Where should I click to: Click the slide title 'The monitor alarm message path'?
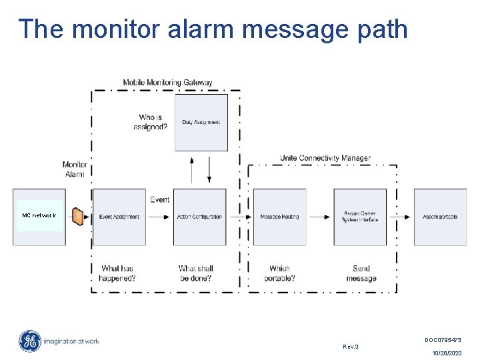[x=213, y=29]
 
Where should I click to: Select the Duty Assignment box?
[x=201, y=122]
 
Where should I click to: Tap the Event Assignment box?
[x=119, y=217]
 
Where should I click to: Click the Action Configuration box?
[x=199, y=217]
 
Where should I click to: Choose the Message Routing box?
[x=280, y=217]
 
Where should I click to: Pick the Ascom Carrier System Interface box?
[x=360, y=217]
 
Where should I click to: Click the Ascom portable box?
[x=440, y=217]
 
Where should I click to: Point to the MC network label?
[x=39, y=215]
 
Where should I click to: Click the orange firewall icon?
[x=79, y=217]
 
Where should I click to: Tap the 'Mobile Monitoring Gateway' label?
[x=167, y=83]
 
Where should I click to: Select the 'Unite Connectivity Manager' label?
[x=325, y=158]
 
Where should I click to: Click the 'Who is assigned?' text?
[x=150, y=122]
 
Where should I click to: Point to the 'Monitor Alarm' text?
[x=75, y=169]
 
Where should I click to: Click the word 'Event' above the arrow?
[x=159, y=199]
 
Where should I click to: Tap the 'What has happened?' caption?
[x=117, y=273]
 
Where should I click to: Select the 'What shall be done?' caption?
[x=195, y=273]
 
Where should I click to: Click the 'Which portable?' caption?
[x=279, y=273]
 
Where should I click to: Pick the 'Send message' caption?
[x=361, y=273]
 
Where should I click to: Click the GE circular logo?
[x=29, y=341]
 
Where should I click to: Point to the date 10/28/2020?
[x=447, y=353]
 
